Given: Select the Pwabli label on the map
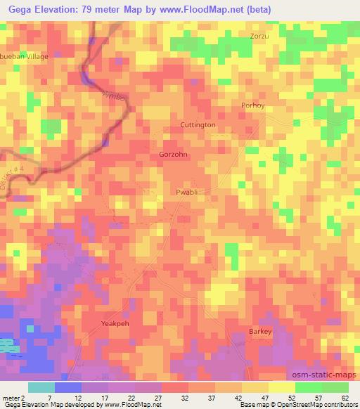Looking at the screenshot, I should (x=188, y=190).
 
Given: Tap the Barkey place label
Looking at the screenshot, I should (x=260, y=330).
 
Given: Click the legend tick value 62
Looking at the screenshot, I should (x=345, y=397).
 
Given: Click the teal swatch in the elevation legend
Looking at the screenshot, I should (x=41, y=387).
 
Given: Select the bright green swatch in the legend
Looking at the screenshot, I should (x=308, y=387).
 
